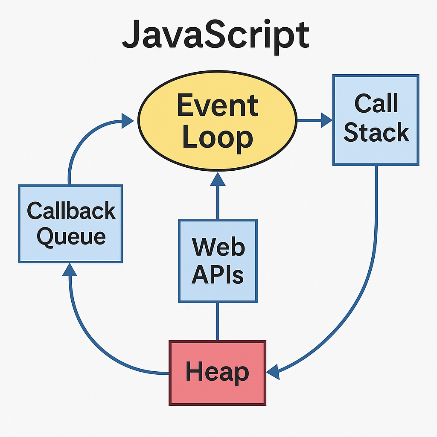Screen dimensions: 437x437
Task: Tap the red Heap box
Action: pyautogui.click(x=217, y=373)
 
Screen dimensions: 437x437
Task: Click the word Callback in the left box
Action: pyautogui.click(x=71, y=211)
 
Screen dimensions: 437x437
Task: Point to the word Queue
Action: pyautogui.click(x=71, y=236)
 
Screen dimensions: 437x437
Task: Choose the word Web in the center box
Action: pyautogui.click(x=218, y=248)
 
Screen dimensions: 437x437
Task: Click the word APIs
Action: pyautogui.click(x=218, y=275)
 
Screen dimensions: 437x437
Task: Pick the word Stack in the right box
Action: pyautogui.click(x=376, y=133)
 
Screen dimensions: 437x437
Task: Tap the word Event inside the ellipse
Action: pyautogui.click(x=218, y=105)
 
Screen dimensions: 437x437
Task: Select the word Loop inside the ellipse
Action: pyautogui.click(x=218, y=138)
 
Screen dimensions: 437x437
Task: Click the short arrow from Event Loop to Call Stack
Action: pyautogui.click(x=314, y=120)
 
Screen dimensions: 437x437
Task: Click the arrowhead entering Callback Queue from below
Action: pyautogui.click(x=70, y=270)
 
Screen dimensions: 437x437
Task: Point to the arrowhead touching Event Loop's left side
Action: pyautogui.click(x=128, y=120)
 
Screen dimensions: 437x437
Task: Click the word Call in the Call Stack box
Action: pyautogui.click(x=376, y=104)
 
